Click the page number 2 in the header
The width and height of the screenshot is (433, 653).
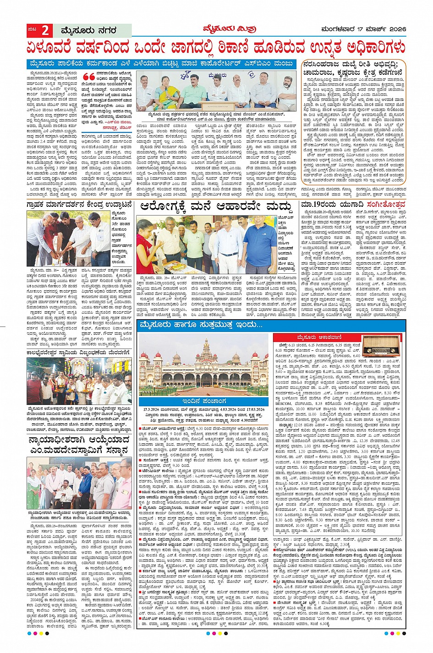click(x=45, y=31)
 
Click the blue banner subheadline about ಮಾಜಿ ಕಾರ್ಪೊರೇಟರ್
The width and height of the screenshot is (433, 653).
click(x=161, y=64)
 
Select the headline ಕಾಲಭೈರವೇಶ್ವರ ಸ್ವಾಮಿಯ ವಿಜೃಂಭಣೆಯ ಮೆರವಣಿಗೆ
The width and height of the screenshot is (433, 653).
click(x=79, y=352)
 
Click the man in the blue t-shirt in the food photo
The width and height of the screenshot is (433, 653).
click(x=260, y=244)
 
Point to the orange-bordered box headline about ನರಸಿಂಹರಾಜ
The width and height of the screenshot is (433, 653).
click(x=354, y=67)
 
